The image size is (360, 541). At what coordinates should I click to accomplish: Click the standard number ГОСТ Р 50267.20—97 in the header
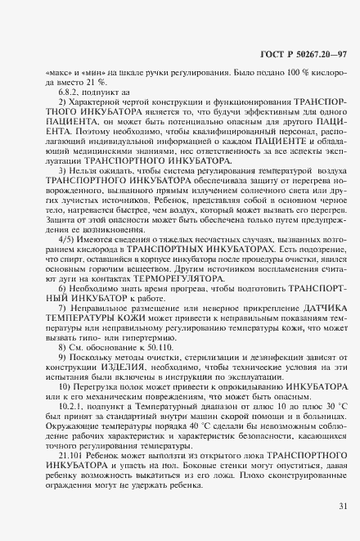tap(295, 55)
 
